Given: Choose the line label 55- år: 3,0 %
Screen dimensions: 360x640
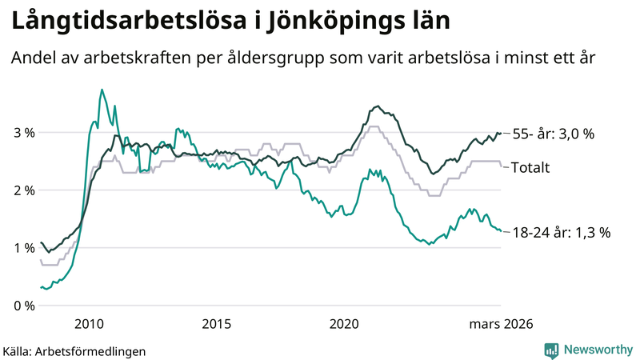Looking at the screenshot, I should coord(553,134).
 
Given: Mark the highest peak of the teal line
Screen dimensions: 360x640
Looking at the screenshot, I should coord(101,90).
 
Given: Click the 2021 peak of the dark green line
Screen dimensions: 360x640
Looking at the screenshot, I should coord(378,106).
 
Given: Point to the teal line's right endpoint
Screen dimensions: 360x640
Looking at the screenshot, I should coord(501,231).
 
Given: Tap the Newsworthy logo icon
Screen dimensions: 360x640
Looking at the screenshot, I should coord(551,350).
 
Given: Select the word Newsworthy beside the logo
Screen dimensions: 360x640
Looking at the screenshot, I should coord(598,350).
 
